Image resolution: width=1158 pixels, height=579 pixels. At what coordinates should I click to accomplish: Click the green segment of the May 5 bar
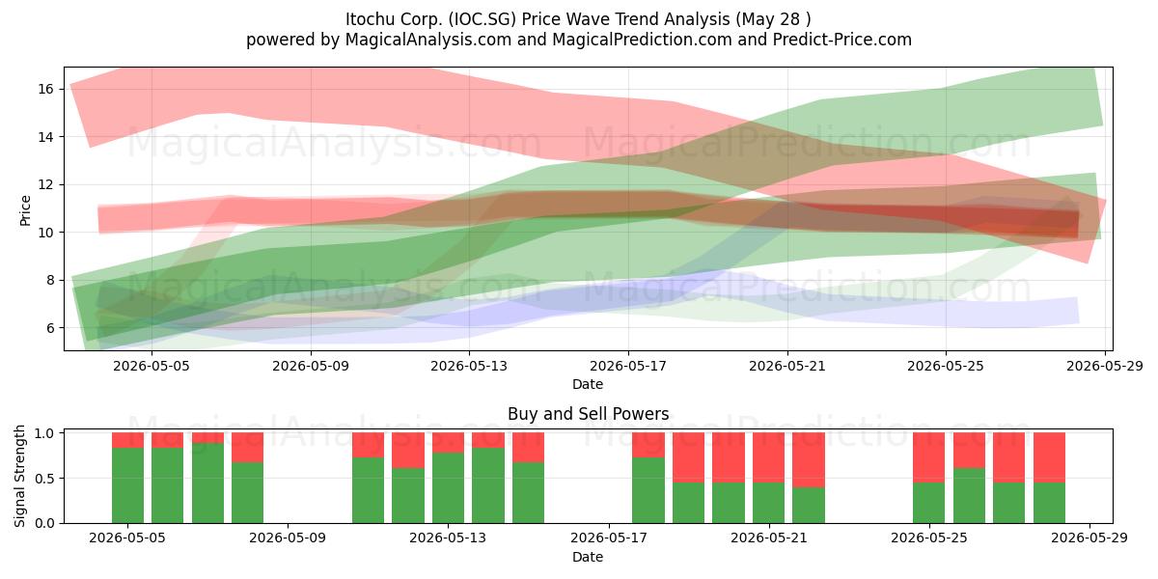(x=127, y=485)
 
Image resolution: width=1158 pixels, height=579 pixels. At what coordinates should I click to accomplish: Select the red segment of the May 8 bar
(x=248, y=447)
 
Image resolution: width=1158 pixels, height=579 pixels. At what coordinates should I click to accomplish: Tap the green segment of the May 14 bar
(x=488, y=485)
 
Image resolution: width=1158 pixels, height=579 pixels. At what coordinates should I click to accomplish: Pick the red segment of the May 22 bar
(x=809, y=460)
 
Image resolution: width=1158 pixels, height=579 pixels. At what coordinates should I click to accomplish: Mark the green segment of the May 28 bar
(x=1049, y=503)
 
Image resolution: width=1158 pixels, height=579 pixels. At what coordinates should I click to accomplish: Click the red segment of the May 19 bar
(x=689, y=457)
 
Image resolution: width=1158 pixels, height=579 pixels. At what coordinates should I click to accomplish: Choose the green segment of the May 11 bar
(x=368, y=490)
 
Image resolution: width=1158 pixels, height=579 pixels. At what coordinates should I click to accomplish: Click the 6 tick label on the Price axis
(x=49, y=328)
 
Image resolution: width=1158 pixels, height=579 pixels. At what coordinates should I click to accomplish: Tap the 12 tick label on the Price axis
(x=46, y=185)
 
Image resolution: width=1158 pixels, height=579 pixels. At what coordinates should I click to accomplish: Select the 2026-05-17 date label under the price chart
(x=628, y=366)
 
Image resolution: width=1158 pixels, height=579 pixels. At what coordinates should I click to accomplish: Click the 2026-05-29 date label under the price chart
(x=1105, y=366)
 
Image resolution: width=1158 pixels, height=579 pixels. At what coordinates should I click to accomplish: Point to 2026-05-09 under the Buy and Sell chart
(x=288, y=538)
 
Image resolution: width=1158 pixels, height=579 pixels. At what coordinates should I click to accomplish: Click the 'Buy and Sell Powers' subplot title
(x=589, y=414)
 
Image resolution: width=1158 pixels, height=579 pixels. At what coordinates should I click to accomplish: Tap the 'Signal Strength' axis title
(x=19, y=476)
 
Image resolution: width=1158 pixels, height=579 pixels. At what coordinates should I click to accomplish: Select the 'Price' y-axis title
(x=25, y=210)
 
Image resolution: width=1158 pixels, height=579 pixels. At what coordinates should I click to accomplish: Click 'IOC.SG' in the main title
(x=482, y=19)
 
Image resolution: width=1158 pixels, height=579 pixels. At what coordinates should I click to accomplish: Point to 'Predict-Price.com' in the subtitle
(x=842, y=40)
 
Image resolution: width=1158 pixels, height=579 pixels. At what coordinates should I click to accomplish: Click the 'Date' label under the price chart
(x=588, y=385)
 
